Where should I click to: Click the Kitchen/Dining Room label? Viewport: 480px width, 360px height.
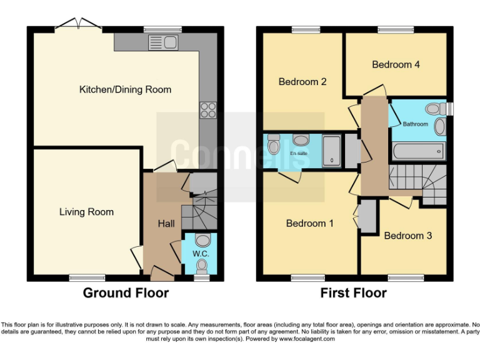(125, 89)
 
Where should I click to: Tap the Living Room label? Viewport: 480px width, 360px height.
(86, 212)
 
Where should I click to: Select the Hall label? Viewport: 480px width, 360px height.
(166, 224)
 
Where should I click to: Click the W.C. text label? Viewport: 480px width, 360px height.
(200, 254)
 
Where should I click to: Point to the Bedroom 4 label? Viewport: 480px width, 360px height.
(391, 64)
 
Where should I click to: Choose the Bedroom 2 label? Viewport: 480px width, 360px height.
(302, 82)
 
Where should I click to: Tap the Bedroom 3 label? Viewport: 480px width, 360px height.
(407, 236)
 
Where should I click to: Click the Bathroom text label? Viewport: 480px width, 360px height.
(415, 124)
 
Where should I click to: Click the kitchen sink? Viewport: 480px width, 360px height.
(163, 42)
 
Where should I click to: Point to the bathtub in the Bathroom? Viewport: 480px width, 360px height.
(418, 151)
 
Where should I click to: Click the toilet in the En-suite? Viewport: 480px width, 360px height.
(273, 146)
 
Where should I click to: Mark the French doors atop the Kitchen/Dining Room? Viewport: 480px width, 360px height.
(78, 26)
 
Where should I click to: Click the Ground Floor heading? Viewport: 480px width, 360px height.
(126, 292)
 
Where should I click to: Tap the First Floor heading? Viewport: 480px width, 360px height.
(353, 292)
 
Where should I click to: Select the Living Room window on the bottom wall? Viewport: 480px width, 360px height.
(82, 277)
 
